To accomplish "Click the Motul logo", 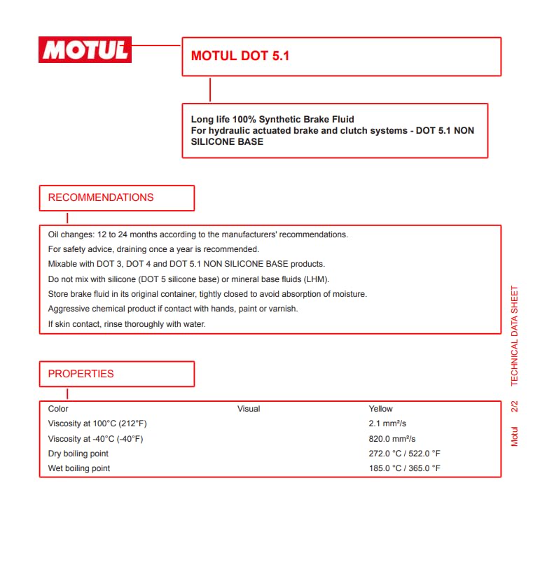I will (85, 50).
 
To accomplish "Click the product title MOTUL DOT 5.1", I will (240, 56).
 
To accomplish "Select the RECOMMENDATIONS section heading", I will (101, 197).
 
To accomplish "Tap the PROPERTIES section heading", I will (81, 374).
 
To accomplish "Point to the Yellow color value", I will (380, 409).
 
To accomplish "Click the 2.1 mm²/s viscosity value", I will (387, 423).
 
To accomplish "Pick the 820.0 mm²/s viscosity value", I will (392, 439).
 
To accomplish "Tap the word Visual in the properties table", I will (249, 409).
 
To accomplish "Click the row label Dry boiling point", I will (78, 454).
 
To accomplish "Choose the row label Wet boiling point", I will (78, 468).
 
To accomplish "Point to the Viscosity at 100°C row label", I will (97, 423).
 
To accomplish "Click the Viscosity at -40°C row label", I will (95, 439).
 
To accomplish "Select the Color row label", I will (58, 409).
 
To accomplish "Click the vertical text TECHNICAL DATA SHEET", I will (515, 336).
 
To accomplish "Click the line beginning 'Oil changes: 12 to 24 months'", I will (198, 234).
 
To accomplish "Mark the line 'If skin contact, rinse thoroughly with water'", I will (127, 324).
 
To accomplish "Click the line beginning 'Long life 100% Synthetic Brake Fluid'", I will (272, 120).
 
